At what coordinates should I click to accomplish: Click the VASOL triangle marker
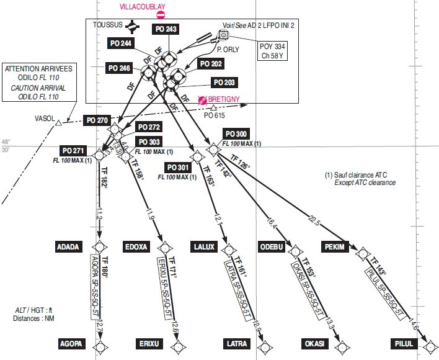point(58,123)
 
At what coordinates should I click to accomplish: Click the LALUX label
point(203,247)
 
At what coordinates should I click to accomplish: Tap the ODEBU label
point(272,247)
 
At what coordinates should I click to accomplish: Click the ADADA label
point(68,247)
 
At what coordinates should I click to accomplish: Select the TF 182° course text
point(105,179)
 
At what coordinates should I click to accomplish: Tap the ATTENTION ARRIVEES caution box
point(39,83)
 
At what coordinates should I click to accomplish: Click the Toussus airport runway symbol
point(131,26)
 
